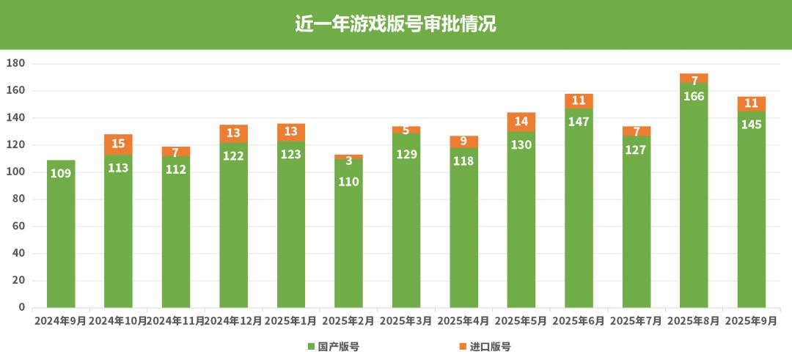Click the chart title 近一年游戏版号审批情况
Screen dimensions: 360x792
coord(395,23)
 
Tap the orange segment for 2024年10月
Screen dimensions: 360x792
coord(118,144)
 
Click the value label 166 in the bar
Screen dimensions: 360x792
coord(694,97)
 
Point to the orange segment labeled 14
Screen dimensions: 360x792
coord(521,122)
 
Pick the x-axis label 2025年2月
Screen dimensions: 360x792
coord(348,321)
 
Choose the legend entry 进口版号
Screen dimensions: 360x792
coord(485,347)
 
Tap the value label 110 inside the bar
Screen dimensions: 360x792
coord(349,181)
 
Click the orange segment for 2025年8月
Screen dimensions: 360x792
coord(694,78)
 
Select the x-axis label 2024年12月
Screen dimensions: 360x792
coord(233,321)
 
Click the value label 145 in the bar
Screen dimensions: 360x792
coord(752,125)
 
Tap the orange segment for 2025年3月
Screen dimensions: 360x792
coord(406,130)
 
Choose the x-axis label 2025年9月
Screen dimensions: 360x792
coord(752,321)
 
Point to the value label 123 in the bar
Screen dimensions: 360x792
coord(291,155)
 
